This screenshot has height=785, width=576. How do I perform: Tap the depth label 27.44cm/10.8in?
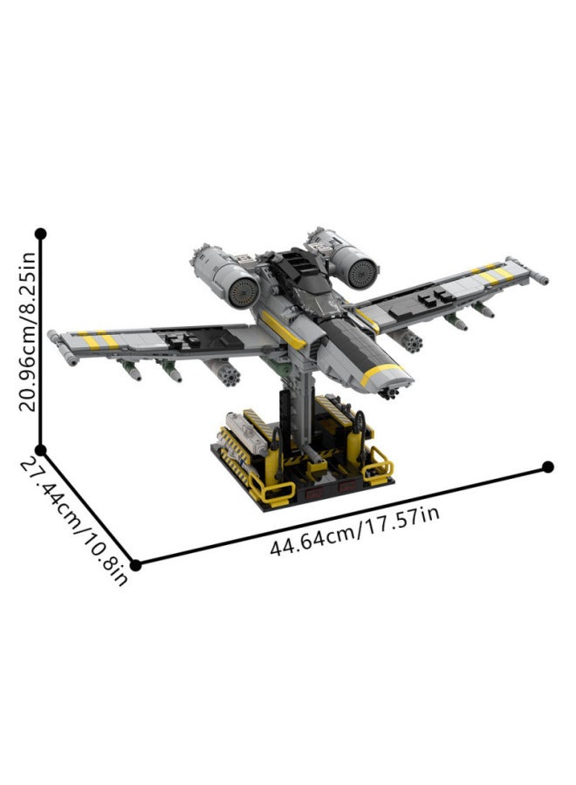click(x=74, y=522)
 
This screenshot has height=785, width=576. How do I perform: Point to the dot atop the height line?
click(x=41, y=234)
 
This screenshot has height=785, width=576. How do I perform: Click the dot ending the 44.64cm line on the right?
click(x=548, y=468)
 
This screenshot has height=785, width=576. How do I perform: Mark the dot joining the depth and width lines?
click(x=135, y=565)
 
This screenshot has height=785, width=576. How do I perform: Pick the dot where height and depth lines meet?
click(x=41, y=449)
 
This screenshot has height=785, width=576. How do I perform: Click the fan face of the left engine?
click(x=243, y=292)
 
